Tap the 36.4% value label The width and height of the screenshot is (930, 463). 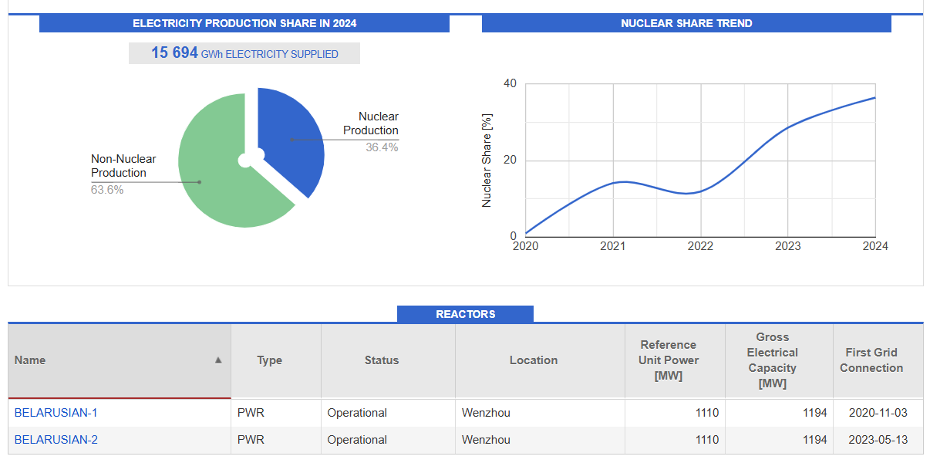coord(382,147)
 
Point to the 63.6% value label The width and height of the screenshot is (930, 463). coord(107,190)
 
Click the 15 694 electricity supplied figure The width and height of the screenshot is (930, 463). coord(175,53)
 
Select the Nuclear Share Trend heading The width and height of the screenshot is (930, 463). coord(686,23)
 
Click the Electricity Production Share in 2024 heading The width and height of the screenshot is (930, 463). coord(244,23)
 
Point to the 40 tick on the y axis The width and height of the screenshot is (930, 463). coord(510,83)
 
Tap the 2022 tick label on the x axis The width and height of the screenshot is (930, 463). coord(700,246)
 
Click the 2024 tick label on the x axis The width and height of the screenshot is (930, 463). coord(875,246)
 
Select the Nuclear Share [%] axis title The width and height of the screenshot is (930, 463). coord(487,161)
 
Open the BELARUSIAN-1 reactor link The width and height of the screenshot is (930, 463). coord(56,413)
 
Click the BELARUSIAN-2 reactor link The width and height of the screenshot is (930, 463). coord(56,440)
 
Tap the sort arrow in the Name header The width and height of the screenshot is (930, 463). coord(218,360)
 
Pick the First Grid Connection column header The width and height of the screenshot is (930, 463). coord(871,360)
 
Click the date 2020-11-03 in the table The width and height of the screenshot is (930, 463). coord(878,413)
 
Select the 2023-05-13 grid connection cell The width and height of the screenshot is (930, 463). coord(878,440)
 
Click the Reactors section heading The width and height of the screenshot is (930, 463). coord(465,314)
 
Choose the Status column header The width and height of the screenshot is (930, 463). coord(382,360)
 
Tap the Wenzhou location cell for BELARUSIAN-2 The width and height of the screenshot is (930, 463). coord(486,440)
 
